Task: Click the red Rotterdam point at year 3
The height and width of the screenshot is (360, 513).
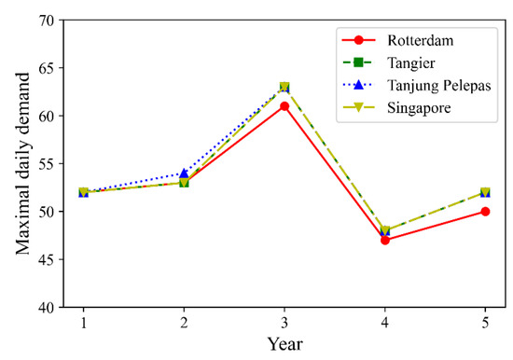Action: (x=284, y=106)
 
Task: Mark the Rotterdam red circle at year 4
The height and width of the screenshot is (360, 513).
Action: (x=384, y=240)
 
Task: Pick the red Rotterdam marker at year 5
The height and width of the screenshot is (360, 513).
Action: (x=485, y=212)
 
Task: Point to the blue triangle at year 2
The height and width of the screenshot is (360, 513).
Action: (x=184, y=173)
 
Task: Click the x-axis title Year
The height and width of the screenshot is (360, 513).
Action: (x=284, y=344)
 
